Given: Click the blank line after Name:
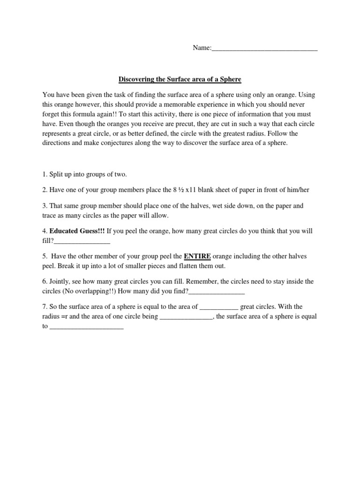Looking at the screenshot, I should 265,49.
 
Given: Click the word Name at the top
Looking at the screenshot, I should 202,48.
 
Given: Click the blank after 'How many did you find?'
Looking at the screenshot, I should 217,292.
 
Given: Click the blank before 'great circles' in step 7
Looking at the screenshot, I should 219,307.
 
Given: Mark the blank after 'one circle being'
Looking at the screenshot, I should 187,317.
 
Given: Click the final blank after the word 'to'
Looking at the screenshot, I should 86,327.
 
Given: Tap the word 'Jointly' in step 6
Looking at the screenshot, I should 60,281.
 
